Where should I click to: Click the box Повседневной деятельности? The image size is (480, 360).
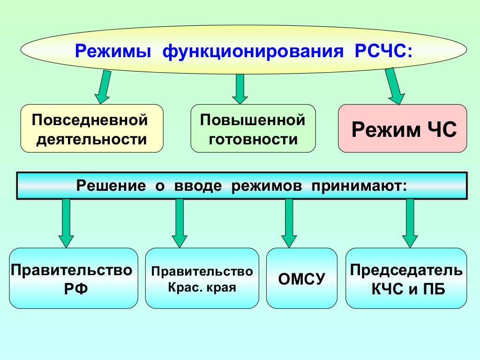point(92,128)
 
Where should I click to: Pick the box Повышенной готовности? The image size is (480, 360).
point(253,128)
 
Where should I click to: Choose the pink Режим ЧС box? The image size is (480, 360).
point(402,128)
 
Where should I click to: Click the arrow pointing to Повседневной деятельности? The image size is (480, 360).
point(104,87)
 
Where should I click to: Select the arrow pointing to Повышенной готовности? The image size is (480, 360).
point(240,89)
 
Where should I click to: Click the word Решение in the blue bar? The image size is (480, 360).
point(111,185)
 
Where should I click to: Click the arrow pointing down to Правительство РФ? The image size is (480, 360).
point(66,223)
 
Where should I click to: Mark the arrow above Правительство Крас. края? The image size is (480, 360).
point(179,223)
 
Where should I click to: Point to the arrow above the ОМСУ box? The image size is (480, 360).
point(289,223)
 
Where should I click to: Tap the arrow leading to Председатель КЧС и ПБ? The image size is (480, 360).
point(410,223)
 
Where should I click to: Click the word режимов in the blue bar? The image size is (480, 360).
point(263,185)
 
